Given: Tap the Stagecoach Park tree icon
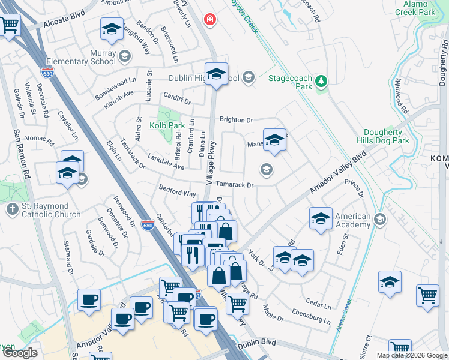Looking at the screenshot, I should coord(321,81).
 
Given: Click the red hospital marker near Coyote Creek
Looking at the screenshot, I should coord(209,20).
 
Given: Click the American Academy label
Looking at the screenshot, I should coord(352,220).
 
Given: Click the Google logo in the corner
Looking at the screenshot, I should coord(20,353).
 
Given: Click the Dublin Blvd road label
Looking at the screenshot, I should coord(256,344).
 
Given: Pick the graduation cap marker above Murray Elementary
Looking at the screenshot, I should coord(112,29).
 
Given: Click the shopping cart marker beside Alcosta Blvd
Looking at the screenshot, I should coord(9,26).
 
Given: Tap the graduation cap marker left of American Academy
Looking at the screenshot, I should coord(321,219).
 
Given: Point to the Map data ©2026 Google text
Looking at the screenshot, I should coord(411,355).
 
